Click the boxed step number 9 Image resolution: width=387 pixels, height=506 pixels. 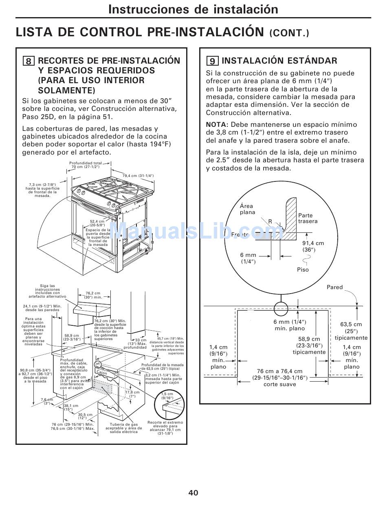click(212, 62)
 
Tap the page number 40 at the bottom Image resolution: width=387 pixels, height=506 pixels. click(193, 493)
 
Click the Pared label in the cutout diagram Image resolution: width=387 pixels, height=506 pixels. click(335, 287)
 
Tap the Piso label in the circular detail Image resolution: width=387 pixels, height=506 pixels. click(303, 270)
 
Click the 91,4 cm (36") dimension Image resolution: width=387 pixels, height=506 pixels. click(313, 246)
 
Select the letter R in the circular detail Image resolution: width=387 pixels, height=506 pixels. click(270, 221)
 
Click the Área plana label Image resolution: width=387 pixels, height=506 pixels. click(247, 209)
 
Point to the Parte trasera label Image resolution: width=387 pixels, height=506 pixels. click(308, 218)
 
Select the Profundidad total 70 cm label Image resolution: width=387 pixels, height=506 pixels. click(86, 165)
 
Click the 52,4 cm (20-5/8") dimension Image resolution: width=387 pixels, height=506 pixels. click(97, 223)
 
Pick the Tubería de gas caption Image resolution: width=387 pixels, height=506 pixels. click(124, 428)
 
